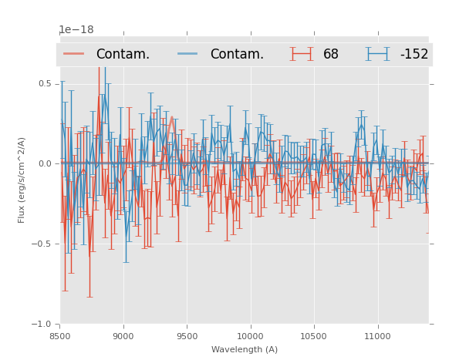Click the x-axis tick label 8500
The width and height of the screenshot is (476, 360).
tap(59, 336)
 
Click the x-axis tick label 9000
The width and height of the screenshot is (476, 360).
tap(123, 336)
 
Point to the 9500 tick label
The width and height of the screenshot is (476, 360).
tap(187, 336)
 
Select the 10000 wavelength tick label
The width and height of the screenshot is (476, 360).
tap(250, 336)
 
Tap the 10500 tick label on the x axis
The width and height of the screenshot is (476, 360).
tap(314, 336)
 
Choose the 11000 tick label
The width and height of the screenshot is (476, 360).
tap(377, 336)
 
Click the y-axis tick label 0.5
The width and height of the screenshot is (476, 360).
tap(46, 83)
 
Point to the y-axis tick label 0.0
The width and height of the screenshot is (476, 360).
tap(46, 163)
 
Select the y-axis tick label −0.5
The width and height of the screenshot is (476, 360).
tap(43, 244)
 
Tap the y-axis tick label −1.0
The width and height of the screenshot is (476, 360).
tap(43, 325)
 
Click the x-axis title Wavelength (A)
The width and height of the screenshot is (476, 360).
tap(245, 350)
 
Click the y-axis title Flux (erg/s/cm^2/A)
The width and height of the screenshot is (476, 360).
tap(22, 180)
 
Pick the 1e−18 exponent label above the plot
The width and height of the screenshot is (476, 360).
tap(76, 30)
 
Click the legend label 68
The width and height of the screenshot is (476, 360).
tap(331, 55)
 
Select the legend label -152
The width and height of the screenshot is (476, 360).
tap(414, 55)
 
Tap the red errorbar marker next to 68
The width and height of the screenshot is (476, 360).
tap(302, 54)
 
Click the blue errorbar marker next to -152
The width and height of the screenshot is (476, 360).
tap(378, 54)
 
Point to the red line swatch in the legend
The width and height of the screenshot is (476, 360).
tap(74, 54)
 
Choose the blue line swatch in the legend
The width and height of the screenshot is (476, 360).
tap(188, 54)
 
